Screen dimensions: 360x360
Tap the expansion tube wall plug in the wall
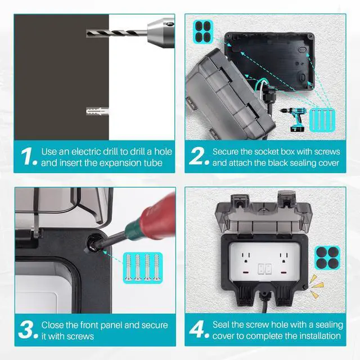(97, 111)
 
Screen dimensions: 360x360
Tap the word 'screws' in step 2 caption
(327, 152)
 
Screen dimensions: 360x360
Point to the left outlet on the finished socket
(245, 258)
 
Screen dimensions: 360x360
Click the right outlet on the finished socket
(283, 258)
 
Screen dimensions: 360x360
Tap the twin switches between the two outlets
(264, 269)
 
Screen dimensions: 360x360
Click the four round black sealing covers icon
(327, 258)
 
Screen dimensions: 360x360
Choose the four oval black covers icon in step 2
(203, 31)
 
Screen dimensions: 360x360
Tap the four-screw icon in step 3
(142, 268)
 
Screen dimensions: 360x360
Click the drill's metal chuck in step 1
(161, 33)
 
